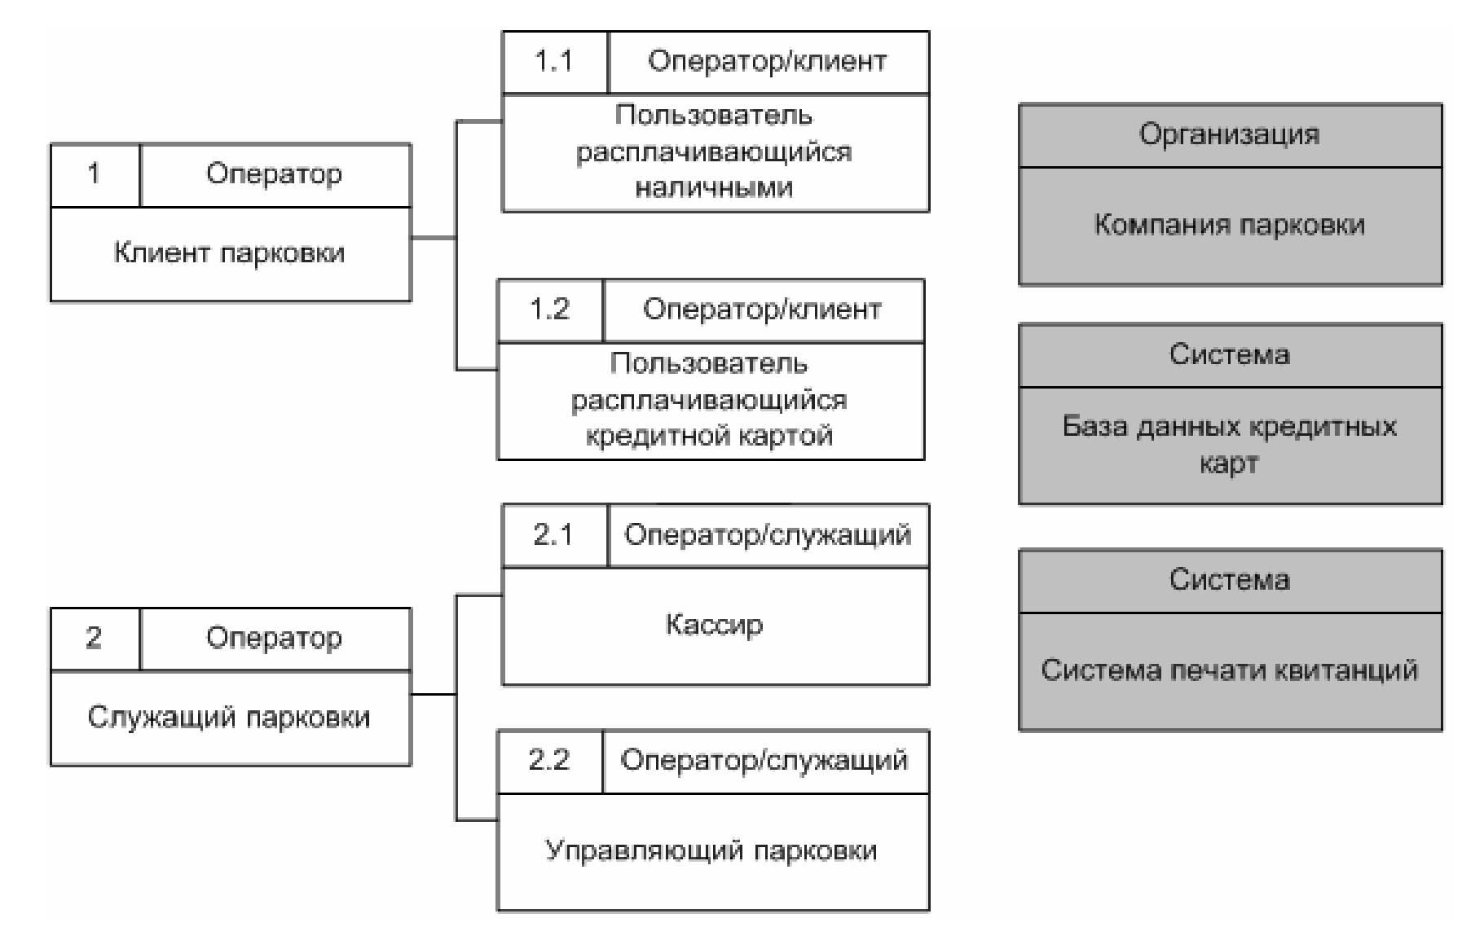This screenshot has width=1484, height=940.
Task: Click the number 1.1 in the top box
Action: [x=553, y=61]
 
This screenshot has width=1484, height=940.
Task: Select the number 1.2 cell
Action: [x=549, y=310]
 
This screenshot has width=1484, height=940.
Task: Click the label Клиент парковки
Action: [x=229, y=253]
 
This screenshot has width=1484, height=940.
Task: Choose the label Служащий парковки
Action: [x=229, y=717]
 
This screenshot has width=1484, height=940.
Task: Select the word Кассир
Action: [x=714, y=625]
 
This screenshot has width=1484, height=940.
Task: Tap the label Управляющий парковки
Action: [x=711, y=850]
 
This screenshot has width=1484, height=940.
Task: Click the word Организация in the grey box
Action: [x=1229, y=134]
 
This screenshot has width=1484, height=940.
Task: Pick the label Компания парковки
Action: [x=1229, y=225]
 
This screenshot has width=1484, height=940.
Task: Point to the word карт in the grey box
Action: [x=1229, y=463]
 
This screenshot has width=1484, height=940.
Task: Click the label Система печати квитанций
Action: [x=1229, y=670]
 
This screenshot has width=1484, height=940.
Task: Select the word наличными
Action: [x=714, y=188]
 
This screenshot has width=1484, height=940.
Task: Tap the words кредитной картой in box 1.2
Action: [x=709, y=436]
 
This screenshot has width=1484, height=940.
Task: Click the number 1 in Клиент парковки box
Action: [x=94, y=174]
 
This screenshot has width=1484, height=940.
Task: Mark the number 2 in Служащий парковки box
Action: [x=94, y=638]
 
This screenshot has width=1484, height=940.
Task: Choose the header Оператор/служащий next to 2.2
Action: [x=764, y=761]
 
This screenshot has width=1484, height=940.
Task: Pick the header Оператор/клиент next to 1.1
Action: [x=767, y=62]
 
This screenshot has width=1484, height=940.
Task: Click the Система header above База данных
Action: [x=1229, y=354]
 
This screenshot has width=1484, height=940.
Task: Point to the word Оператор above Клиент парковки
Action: [x=274, y=174]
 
